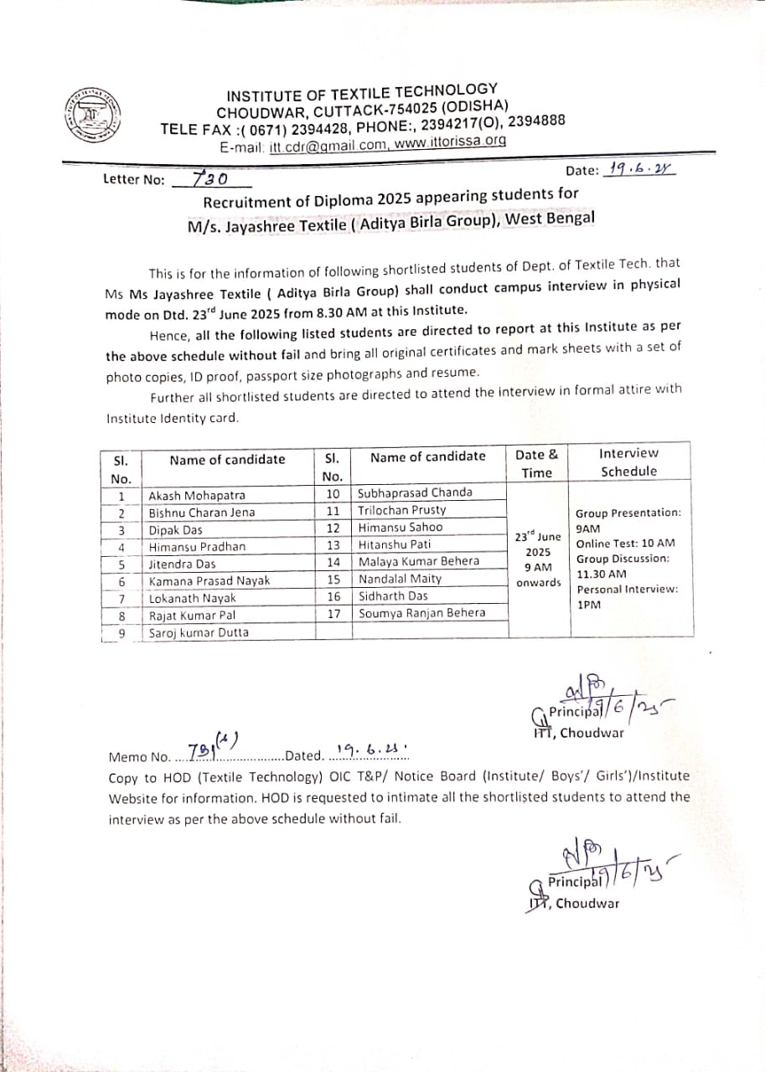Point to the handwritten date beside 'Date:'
(x=642, y=168)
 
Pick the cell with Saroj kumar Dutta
(x=199, y=632)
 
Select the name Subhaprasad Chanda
(x=415, y=492)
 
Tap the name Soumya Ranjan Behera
(x=421, y=613)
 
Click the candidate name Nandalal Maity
(x=400, y=579)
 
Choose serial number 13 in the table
(x=333, y=544)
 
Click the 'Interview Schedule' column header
(x=629, y=462)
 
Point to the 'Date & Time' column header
(x=537, y=463)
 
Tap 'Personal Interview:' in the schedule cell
(x=628, y=589)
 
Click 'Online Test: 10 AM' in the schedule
(x=625, y=543)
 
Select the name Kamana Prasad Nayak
(x=209, y=580)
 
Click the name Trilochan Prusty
(x=402, y=509)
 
